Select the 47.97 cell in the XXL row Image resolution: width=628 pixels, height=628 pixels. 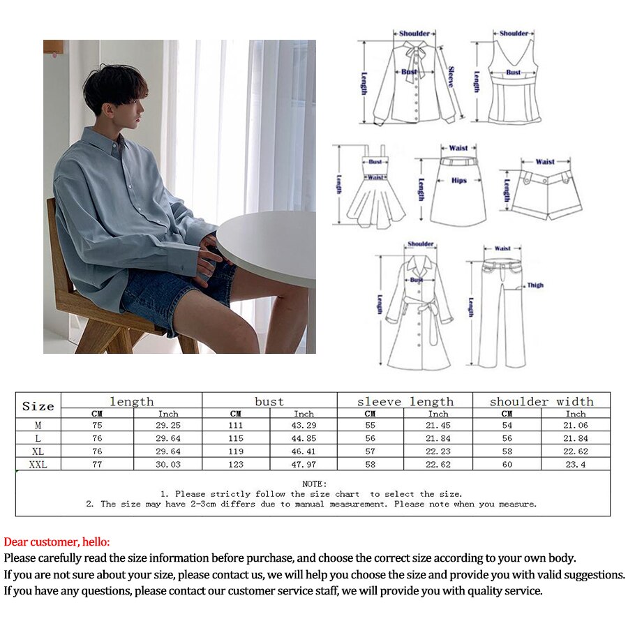[304, 464]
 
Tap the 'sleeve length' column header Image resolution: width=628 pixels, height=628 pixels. [405, 401]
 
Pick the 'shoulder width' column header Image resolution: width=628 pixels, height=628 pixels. [541, 401]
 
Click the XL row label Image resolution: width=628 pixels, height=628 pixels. [38, 451]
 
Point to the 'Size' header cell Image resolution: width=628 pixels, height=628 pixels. [38, 406]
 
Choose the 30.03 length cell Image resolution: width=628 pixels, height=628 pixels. [168, 464]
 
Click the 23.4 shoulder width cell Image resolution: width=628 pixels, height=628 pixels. [575, 464]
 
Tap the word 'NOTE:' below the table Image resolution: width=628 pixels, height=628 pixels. [314, 484]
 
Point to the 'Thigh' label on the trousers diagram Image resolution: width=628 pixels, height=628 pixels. [535, 285]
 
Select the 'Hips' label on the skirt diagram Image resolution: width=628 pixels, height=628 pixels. [458, 181]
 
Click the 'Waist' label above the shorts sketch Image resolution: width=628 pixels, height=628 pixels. [545, 162]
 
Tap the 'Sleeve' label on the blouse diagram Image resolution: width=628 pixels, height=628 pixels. [451, 76]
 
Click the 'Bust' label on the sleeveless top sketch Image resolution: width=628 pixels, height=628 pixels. [513, 72]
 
